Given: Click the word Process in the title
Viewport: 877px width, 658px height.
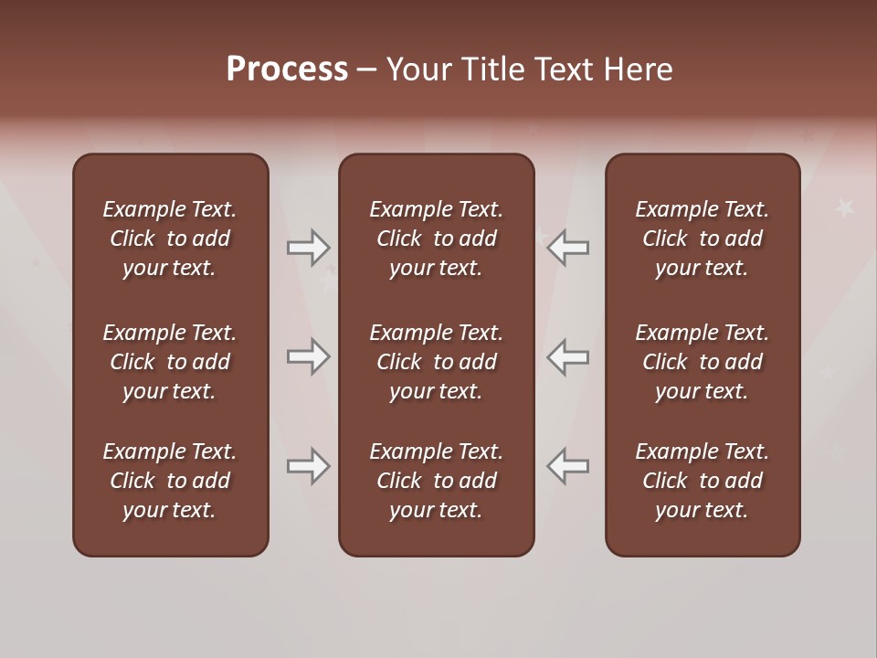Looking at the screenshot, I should point(287,69).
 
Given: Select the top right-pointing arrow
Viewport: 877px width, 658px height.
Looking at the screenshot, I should point(308,247).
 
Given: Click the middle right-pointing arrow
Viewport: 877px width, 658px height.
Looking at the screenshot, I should point(308,356).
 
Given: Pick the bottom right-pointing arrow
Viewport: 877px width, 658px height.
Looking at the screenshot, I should point(308,466).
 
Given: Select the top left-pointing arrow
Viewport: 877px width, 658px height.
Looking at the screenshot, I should point(568,247).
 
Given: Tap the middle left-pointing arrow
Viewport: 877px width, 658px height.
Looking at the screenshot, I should point(568,356).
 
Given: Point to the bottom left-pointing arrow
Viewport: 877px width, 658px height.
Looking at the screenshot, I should point(568,466).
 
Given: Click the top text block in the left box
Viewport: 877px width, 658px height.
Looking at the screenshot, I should point(170,239).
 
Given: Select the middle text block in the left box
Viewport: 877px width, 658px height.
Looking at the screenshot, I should point(170,362).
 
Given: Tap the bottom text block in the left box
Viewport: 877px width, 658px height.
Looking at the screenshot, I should point(170,481).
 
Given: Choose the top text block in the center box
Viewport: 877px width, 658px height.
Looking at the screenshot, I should point(436,239).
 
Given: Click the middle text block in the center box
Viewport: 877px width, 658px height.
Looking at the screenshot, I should point(436,362).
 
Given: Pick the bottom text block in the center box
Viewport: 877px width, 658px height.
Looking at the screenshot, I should point(436,481).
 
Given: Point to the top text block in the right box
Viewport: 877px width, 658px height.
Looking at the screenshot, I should point(702,239).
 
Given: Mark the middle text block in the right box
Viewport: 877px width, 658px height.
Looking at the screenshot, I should point(702,362).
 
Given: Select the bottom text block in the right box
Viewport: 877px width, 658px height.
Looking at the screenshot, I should point(702,481).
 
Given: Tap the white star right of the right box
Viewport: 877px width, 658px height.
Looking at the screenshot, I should point(844,207).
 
